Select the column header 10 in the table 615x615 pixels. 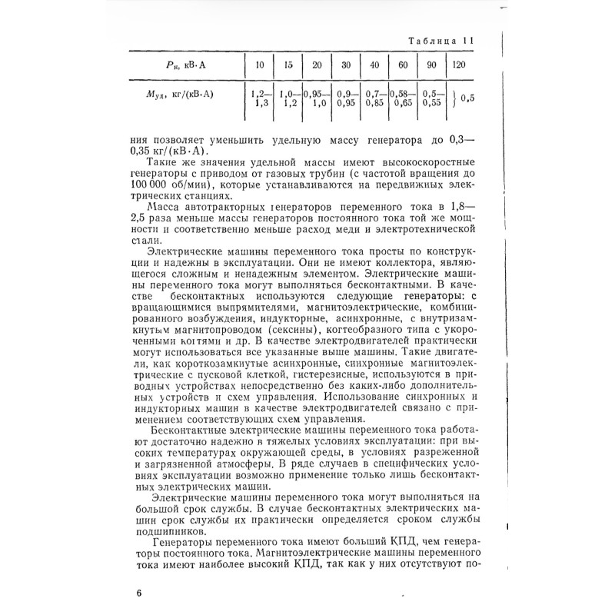pos(259,65)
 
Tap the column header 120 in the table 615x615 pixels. pos(459,65)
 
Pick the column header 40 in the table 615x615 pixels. pos(375,65)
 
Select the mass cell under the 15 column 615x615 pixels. pos(288,97)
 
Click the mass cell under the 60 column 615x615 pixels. pos(402,97)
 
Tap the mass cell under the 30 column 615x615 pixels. pos(345,97)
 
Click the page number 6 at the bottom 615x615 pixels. pos(138,593)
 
